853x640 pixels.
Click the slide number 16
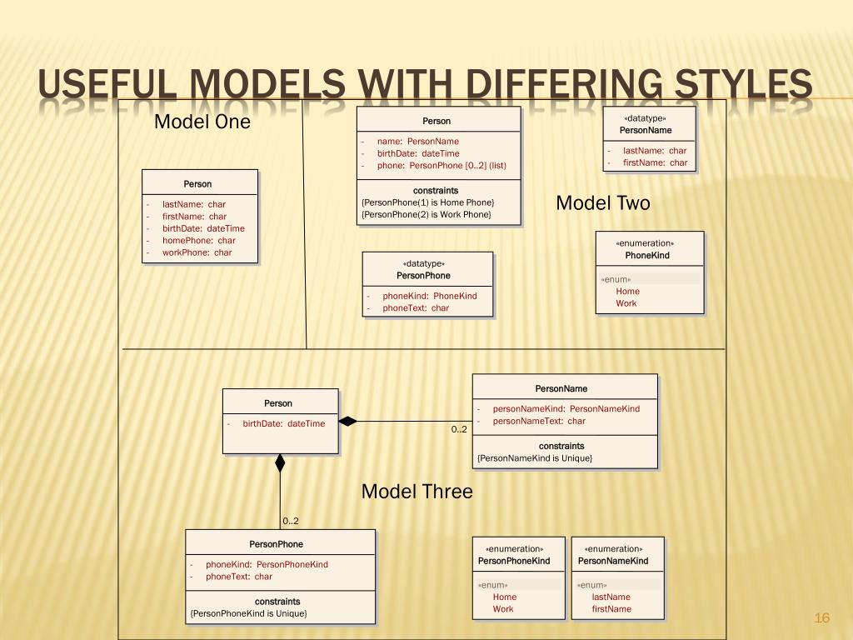click(x=822, y=617)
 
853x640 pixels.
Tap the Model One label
click(x=202, y=122)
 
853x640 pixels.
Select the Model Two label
click(x=602, y=203)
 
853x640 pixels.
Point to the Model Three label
click(x=417, y=492)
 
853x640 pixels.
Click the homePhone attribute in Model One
click(x=198, y=240)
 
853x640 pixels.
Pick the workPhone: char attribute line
click(x=197, y=252)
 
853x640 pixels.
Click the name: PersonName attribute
click(x=417, y=142)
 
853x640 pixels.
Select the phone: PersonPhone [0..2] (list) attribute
click(x=441, y=166)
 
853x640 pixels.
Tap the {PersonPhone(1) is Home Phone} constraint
click(x=428, y=202)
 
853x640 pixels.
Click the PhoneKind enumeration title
click(x=647, y=256)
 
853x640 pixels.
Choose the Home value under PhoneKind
click(x=627, y=292)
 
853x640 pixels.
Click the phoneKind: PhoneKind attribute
click(x=430, y=296)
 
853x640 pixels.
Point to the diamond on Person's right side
click(x=347, y=421)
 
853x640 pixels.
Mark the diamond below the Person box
click(x=280, y=462)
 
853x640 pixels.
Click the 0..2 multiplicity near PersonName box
click(x=459, y=430)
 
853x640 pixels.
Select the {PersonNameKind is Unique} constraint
click(x=535, y=458)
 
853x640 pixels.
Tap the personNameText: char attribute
click(x=539, y=421)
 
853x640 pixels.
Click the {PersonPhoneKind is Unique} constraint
click(x=248, y=614)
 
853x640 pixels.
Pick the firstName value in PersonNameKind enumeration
click(x=611, y=609)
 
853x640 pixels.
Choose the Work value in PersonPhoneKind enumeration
click(x=503, y=609)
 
